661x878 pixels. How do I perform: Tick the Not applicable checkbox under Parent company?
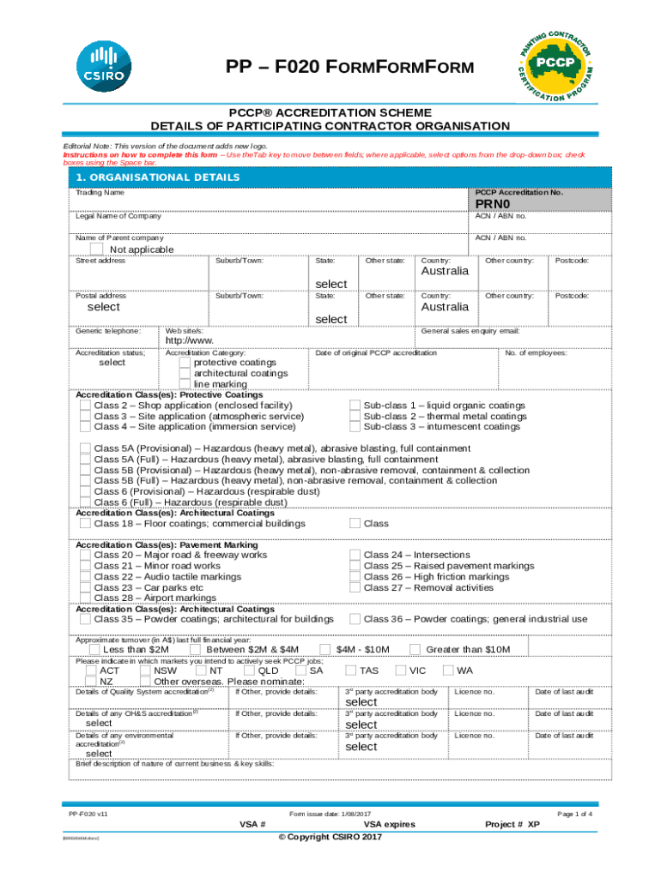pyautogui.click(x=97, y=249)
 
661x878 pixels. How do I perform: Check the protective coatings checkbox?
pyautogui.click(x=185, y=363)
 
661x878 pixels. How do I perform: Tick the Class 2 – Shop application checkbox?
pyautogui.click(x=85, y=405)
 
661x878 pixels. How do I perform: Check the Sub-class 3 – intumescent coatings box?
pyautogui.click(x=355, y=426)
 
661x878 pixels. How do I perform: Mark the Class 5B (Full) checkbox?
pyautogui.click(x=85, y=481)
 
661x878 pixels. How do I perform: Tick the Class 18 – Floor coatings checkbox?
pyautogui.click(x=85, y=523)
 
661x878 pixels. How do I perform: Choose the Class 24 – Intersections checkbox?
pyautogui.click(x=355, y=555)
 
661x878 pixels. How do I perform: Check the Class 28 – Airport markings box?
pyautogui.click(x=85, y=598)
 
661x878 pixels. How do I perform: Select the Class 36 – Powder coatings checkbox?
pyautogui.click(x=355, y=619)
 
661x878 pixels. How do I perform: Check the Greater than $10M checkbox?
pyautogui.click(x=415, y=649)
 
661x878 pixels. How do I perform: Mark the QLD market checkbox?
pyautogui.click(x=250, y=671)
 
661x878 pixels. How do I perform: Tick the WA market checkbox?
pyautogui.click(x=447, y=671)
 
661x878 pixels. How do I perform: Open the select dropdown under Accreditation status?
pyautogui.click(x=112, y=363)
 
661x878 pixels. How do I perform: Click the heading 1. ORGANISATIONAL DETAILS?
pyautogui.click(x=144, y=177)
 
